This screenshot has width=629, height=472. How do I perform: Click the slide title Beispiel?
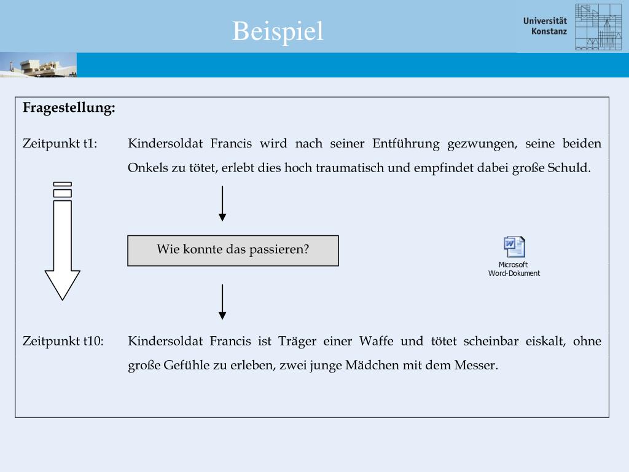[x=278, y=31]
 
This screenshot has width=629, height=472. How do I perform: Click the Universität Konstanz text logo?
[x=545, y=26]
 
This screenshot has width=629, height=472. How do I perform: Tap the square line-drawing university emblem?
[x=598, y=27]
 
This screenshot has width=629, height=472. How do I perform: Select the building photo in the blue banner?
[x=38, y=65]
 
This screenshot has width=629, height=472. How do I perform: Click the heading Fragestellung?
[x=69, y=108]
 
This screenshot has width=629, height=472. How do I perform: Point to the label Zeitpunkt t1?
[x=60, y=144]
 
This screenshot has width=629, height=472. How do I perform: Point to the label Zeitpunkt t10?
[x=63, y=341]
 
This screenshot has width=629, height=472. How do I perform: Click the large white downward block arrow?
[x=63, y=246]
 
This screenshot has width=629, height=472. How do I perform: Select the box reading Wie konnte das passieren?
[x=233, y=250]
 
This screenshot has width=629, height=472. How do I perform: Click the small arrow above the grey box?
[x=222, y=204]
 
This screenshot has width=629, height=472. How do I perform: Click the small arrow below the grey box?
[x=222, y=302]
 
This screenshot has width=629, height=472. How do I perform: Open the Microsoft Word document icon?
[x=514, y=247]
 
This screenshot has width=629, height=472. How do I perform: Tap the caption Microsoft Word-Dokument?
[x=514, y=269]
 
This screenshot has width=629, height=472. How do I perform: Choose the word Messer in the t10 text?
[x=475, y=365]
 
